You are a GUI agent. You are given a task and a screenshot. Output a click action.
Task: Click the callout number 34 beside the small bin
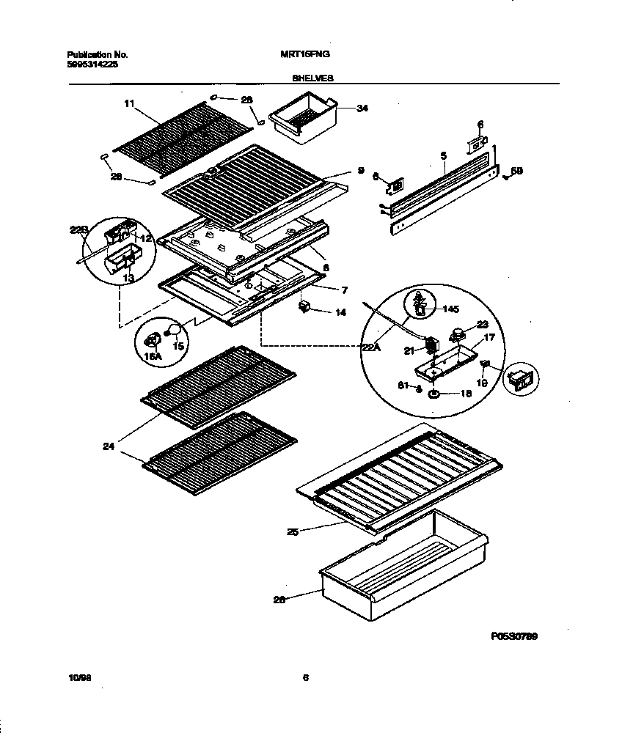click(362, 108)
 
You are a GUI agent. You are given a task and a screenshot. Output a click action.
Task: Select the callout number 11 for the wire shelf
click(129, 105)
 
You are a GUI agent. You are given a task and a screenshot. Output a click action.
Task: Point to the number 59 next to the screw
click(516, 171)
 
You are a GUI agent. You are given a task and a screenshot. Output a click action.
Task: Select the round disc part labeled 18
click(435, 395)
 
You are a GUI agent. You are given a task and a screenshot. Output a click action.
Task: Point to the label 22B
click(78, 229)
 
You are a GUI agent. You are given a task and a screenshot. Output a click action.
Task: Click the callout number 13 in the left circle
click(128, 278)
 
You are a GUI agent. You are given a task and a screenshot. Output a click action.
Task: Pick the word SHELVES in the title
click(311, 75)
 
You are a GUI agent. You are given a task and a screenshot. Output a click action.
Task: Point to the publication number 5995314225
click(92, 64)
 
